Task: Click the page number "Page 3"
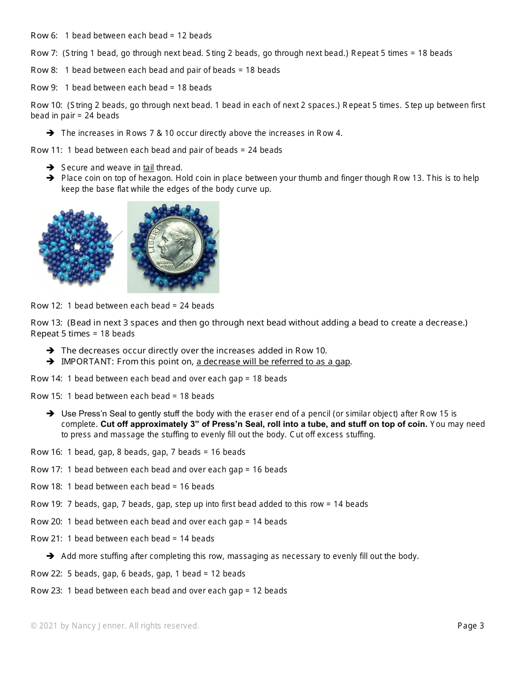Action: click(471, 626)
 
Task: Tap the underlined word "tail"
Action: click(148, 168)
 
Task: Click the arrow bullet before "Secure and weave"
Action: click(50, 168)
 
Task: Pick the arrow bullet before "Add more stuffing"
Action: click(50, 556)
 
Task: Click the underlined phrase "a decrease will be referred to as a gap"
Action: click(274, 362)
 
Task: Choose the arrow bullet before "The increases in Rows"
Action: click(50, 133)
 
